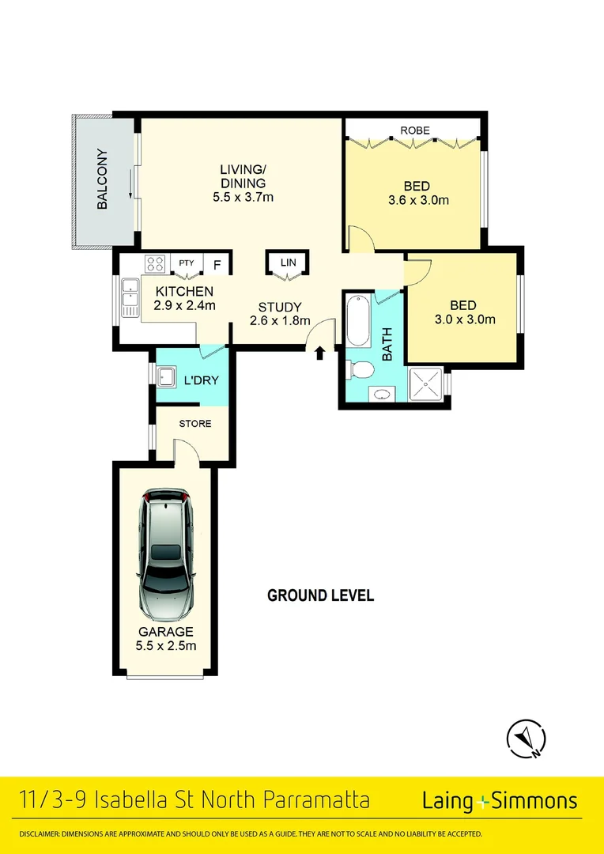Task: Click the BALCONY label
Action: coord(102,179)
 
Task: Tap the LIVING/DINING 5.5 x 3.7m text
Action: coord(243,183)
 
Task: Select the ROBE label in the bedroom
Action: coord(414,130)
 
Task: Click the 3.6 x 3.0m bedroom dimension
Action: coord(418,200)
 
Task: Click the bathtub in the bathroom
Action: coord(358,320)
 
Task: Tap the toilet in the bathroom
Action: coord(361,369)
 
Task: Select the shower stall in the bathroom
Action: coord(426,387)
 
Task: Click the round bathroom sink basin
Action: coord(382,395)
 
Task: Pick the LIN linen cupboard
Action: coord(287,263)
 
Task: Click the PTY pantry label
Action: coord(186,263)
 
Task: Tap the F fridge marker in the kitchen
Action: coord(217,264)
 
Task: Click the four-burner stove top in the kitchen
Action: coord(155,264)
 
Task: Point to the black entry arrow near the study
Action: coord(319,353)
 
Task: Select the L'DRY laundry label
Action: coord(201,380)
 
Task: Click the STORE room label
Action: coord(194,424)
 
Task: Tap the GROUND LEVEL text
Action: coord(320,595)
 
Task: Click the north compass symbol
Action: coord(525,739)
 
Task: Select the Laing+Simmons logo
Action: coord(500,800)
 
